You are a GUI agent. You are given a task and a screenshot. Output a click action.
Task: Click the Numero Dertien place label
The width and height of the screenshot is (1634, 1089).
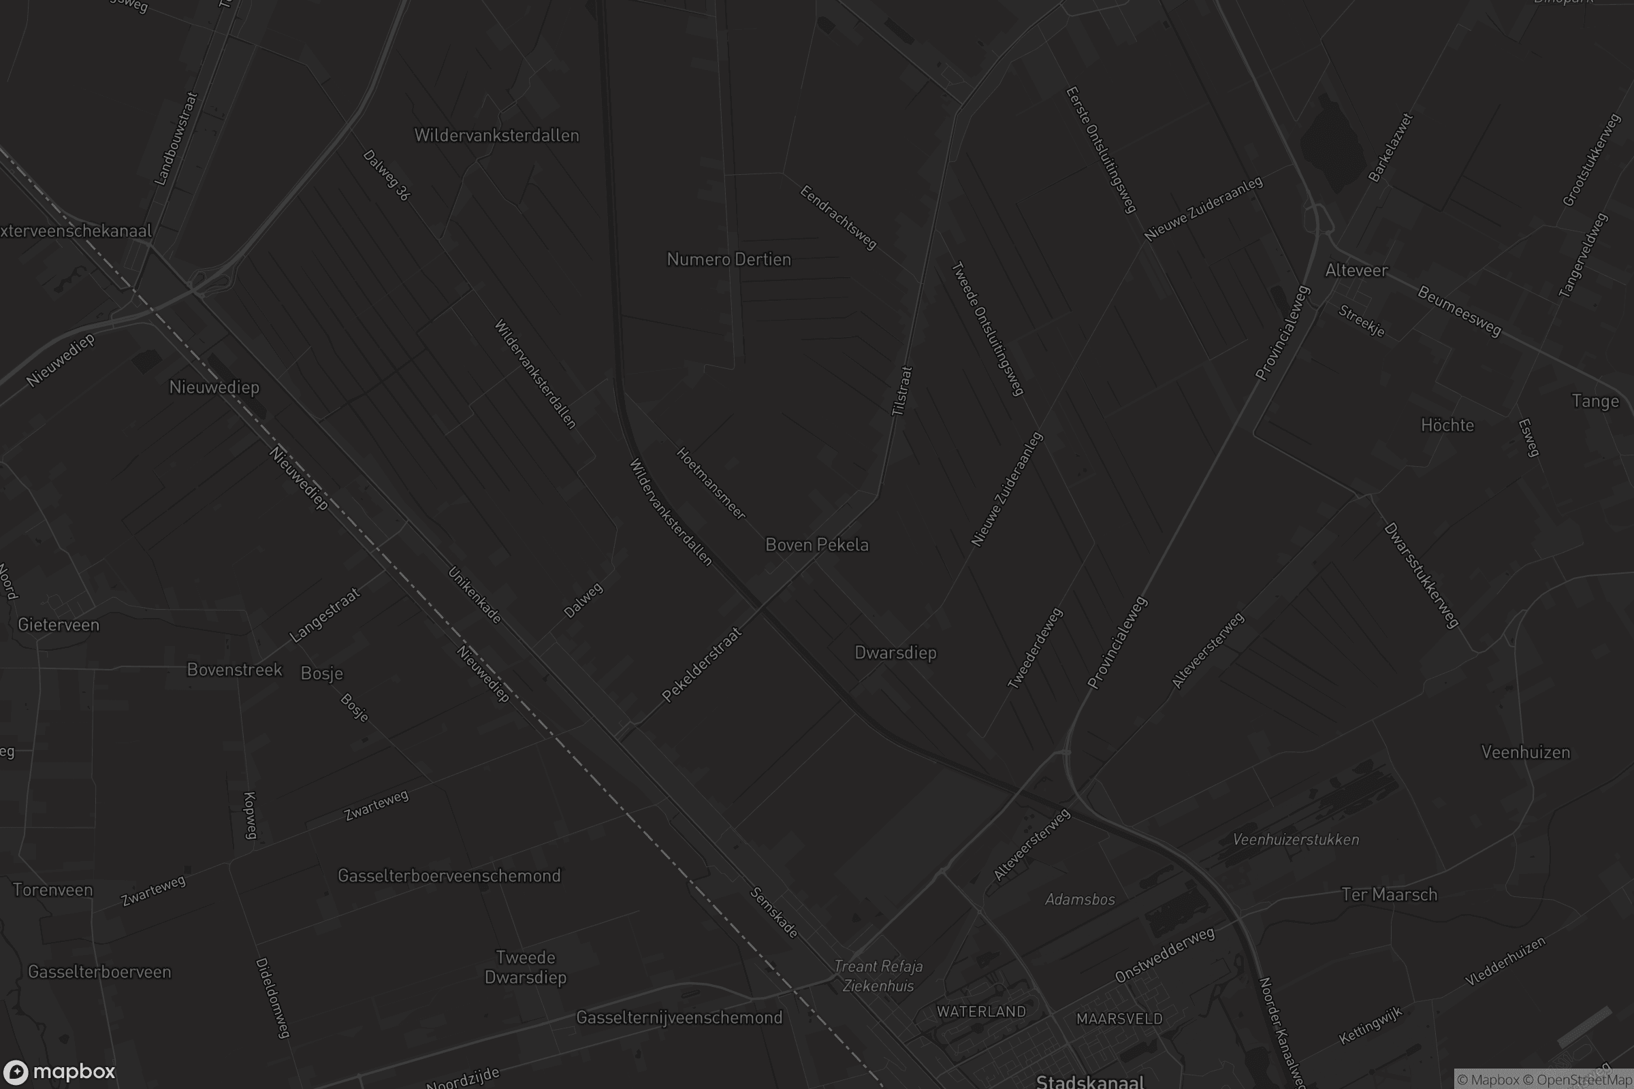[x=728, y=260]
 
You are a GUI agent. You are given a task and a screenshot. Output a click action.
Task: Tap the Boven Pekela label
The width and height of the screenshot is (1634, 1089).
[x=816, y=545]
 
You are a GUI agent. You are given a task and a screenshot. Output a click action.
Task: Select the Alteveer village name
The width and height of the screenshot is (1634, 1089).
[x=1356, y=271]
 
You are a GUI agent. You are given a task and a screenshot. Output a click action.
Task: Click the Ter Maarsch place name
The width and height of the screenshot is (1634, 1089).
[x=1389, y=894]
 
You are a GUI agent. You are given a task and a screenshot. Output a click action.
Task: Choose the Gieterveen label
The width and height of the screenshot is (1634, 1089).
[x=59, y=625]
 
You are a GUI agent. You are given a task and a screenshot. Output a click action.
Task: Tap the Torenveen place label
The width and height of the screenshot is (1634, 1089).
[x=53, y=890]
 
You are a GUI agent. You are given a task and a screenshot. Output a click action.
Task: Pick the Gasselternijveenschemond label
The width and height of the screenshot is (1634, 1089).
[x=679, y=1018]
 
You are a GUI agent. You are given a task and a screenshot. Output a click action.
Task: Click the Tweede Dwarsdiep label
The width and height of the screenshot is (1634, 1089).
[x=525, y=967]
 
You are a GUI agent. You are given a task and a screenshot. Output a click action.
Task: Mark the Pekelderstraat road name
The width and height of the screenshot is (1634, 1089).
[x=702, y=665]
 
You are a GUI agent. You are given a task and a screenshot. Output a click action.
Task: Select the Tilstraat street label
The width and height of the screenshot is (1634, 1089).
[x=901, y=391]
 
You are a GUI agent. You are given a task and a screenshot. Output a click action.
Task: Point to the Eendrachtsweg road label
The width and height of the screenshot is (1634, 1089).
[x=839, y=217]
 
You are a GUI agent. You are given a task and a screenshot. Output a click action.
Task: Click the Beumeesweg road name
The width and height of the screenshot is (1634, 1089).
[x=1459, y=312]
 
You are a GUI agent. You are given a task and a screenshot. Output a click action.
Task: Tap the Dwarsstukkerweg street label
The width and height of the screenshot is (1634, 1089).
[x=1422, y=576]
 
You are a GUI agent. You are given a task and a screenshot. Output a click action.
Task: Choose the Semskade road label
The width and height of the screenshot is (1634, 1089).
[x=773, y=913]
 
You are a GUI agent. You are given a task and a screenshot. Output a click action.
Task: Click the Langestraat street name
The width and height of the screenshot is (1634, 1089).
[x=325, y=615]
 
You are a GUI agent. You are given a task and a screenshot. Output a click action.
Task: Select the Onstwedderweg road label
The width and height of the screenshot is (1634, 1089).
[x=1164, y=955]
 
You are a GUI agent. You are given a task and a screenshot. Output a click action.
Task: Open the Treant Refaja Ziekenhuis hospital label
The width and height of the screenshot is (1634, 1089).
[x=878, y=976]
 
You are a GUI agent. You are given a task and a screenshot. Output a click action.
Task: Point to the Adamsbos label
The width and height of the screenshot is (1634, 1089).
[x=1080, y=900]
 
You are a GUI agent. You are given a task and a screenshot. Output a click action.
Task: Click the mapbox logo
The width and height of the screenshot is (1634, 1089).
[x=59, y=1071]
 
